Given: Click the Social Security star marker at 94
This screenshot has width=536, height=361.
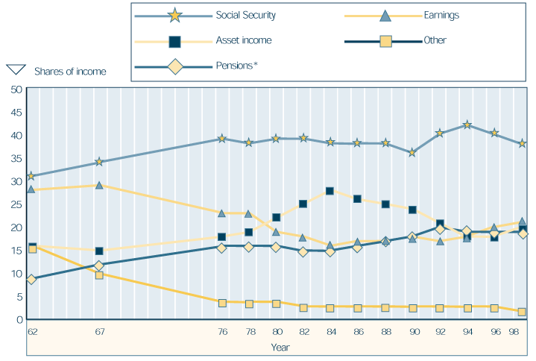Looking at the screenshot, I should [467, 125].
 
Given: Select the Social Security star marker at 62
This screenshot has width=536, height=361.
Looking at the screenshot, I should [31, 177].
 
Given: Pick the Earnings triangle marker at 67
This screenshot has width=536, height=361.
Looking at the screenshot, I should [98, 185].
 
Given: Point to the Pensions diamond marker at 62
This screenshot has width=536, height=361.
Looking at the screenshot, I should [31, 280].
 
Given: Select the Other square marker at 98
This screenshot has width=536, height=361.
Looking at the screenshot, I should [522, 312].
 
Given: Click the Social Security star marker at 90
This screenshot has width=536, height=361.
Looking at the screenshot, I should [412, 153].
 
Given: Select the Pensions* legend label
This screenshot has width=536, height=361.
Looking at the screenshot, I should [236, 66].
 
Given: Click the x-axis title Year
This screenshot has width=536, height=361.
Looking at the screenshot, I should [280, 347].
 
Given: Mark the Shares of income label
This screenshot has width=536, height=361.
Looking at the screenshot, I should [70, 72].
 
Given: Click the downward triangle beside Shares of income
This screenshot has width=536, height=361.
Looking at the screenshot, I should [16, 70].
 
